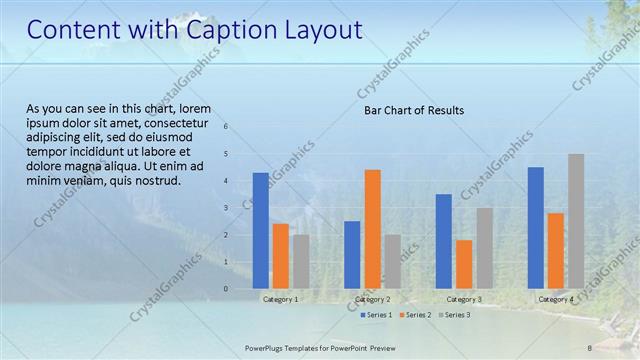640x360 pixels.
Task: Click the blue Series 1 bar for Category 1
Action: pyautogui.click(x=260, y=230)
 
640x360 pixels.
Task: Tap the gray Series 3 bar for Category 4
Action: pyautogui.click(x=576, y=221)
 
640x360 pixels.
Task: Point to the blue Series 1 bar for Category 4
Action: pyautogui.click(x=536, y=227)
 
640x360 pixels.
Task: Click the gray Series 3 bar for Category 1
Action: pyautogui.click(x=300, y=261)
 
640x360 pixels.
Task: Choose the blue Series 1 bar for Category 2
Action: pyautogui.click(x=352, y=254)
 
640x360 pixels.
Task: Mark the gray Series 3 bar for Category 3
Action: pyautogui.click(x=484, y=248)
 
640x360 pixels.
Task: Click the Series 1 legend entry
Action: pyautogui.click(x=375, y=315)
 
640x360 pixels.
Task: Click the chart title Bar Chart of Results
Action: pyautogui.click(x=413, y=111)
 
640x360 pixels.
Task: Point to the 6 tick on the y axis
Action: pyautogui.click(x=226, y=127)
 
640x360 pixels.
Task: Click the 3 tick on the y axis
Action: pyautogui.click(x=226, y=208)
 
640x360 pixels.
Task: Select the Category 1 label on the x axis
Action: pyautogui.click(x=280, y=299)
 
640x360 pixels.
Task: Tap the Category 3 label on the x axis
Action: pyautogui.click(x=464, y=299)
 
